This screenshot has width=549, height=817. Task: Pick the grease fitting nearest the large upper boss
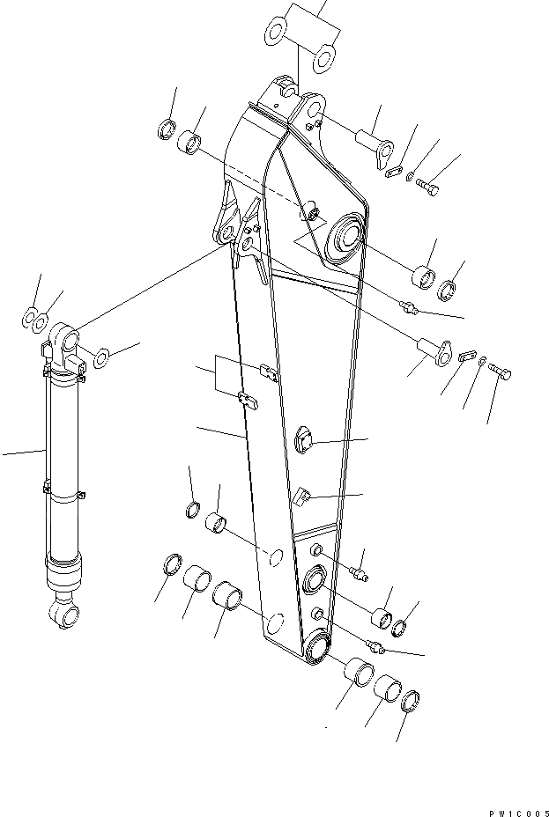click(408, 305)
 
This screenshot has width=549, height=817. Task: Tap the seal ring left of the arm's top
click(165, 132)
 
